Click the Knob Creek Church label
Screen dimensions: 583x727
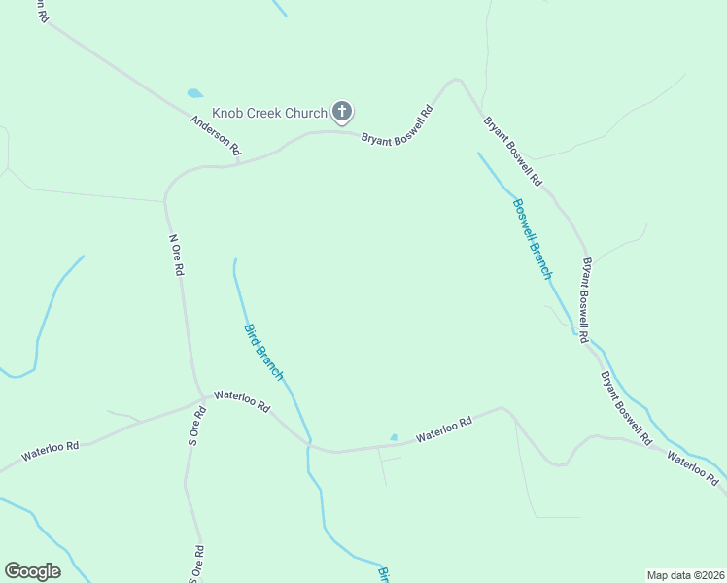(263, 114)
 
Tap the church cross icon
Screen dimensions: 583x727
(342, 113)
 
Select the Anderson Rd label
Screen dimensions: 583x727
(215, 136)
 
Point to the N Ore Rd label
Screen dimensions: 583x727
(176, 256)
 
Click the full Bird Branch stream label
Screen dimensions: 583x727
(263, 352)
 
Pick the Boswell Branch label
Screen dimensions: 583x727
(533, 238)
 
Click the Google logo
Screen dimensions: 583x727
(32, 571)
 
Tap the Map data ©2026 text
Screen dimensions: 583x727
(686, 574)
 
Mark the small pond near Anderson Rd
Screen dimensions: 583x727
(195, 94)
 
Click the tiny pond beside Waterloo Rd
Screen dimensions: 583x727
(394, 437)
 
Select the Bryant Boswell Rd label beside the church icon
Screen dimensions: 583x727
(397, 126)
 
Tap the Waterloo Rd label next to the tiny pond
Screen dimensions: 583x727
(444, 429)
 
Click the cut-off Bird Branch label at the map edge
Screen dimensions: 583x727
(383, 574)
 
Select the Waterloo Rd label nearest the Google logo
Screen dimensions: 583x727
(50, 452)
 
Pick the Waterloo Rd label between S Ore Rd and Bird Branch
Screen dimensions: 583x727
(241, 401)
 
